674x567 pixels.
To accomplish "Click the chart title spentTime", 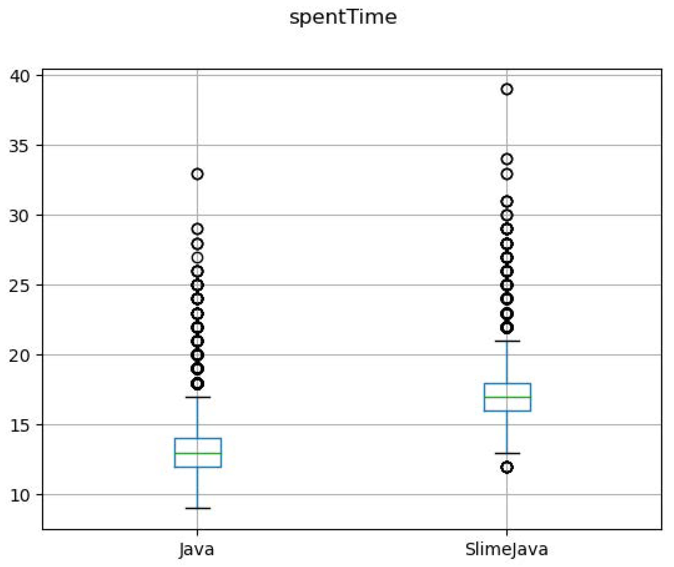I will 343,17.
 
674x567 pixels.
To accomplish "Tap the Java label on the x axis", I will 197,549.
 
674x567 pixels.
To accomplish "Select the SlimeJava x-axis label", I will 506,549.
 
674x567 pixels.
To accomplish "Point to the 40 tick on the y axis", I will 20,76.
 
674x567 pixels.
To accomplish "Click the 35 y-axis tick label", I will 19,146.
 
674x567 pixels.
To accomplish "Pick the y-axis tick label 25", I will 19,285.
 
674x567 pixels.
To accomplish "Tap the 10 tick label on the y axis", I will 20,495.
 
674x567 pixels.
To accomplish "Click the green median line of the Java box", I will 198,453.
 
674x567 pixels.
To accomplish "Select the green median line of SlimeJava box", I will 507,397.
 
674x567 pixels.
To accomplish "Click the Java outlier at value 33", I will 197,174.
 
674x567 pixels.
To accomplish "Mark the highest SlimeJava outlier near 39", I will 507,89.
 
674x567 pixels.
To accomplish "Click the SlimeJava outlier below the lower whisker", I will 507,467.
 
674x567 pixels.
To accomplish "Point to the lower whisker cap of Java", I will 198,508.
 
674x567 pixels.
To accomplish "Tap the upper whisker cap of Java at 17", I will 198,397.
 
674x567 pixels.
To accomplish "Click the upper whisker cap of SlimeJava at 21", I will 507,341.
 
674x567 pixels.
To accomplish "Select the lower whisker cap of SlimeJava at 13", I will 507,453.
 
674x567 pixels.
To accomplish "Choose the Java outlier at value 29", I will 197,229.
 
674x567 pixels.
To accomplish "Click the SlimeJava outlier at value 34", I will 507,159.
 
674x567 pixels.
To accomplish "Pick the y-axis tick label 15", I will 20,425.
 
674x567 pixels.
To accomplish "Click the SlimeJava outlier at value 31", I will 507,202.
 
